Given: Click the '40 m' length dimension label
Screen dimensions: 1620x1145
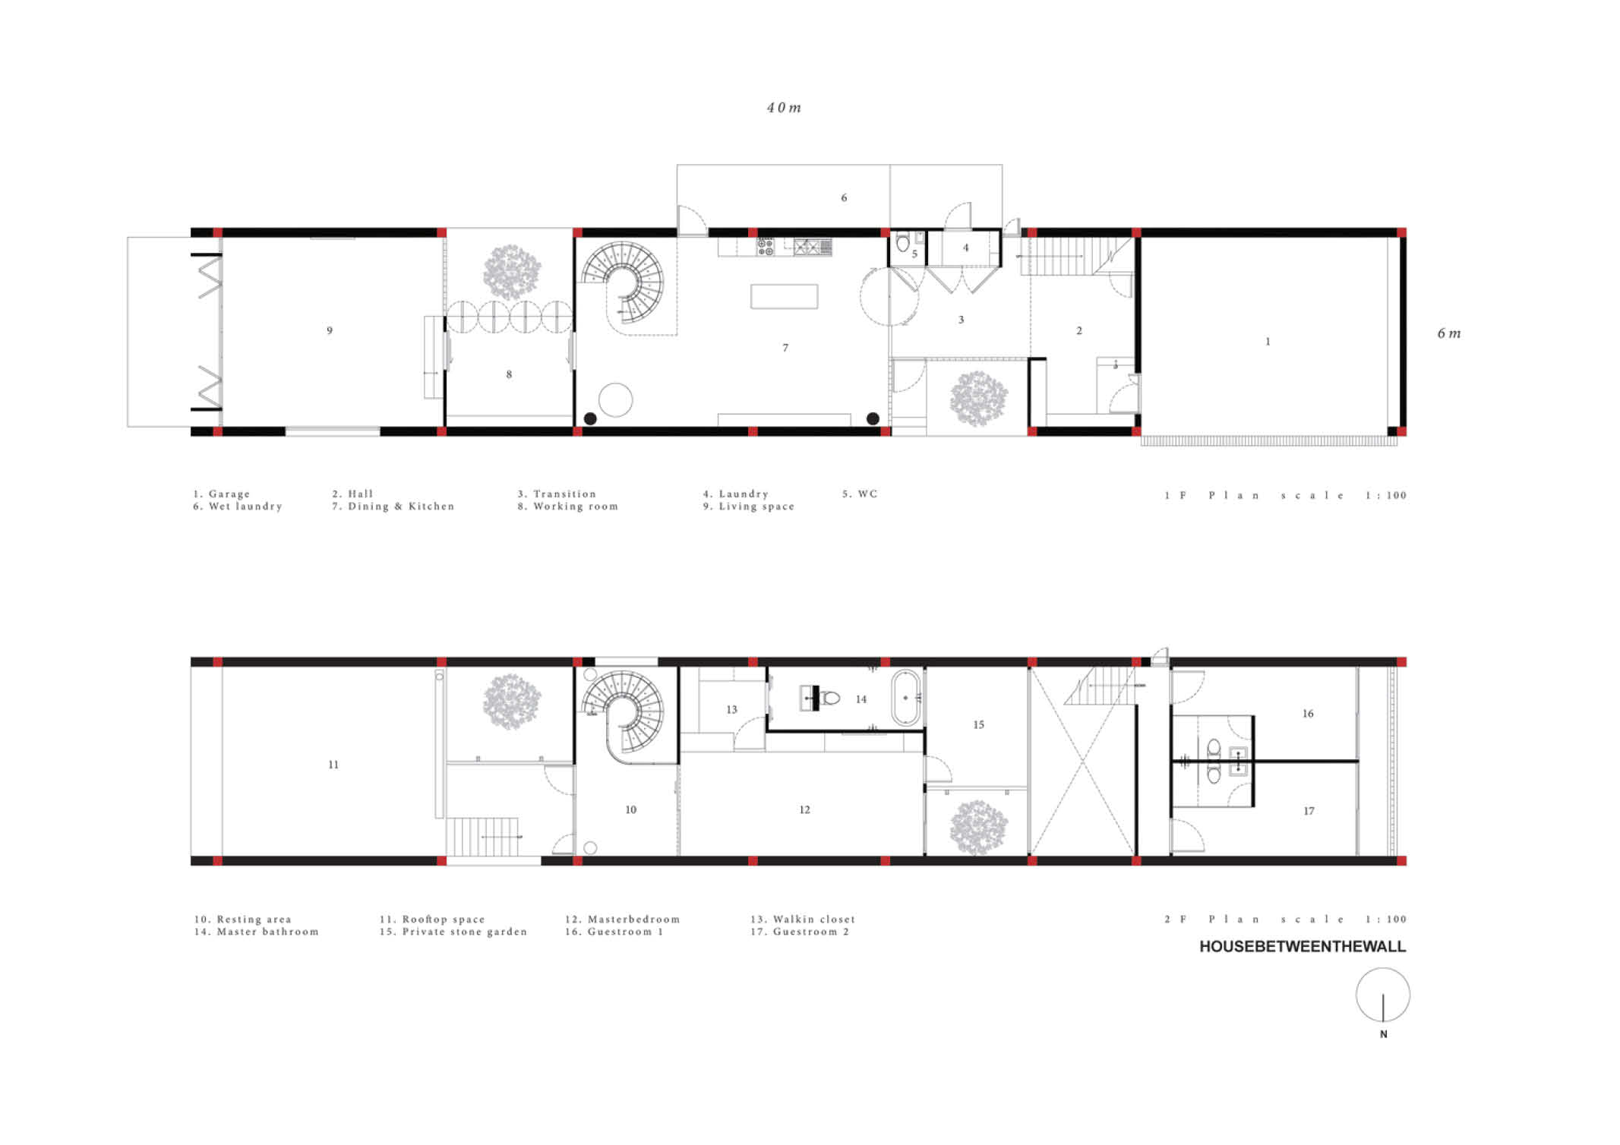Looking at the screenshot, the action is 784,108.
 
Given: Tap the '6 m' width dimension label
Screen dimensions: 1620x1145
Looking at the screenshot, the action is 1449,333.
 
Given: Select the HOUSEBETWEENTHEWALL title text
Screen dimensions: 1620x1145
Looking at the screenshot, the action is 1303,947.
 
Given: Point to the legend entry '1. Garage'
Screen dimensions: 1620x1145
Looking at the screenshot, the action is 221,494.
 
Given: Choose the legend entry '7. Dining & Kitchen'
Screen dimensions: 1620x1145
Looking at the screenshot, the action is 393,506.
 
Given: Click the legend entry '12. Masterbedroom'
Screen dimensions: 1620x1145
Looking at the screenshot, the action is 622,919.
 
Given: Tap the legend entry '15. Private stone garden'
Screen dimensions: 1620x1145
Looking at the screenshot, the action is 453,932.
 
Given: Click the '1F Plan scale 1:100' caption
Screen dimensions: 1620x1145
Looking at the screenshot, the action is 1285,495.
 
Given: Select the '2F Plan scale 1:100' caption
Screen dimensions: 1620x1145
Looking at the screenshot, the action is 1285,919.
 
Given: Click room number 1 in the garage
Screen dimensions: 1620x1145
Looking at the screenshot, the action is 1268,342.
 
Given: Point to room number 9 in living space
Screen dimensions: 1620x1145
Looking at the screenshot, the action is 330,330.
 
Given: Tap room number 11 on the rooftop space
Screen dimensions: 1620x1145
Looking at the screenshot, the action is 333,765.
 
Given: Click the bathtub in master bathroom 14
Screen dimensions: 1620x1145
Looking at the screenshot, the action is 906,697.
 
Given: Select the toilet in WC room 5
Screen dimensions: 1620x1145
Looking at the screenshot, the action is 902,243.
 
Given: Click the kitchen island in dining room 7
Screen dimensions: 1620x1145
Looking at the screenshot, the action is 785,296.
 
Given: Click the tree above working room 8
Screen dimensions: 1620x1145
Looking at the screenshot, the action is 512,272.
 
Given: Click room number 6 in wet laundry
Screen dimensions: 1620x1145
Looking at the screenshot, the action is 844,198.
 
